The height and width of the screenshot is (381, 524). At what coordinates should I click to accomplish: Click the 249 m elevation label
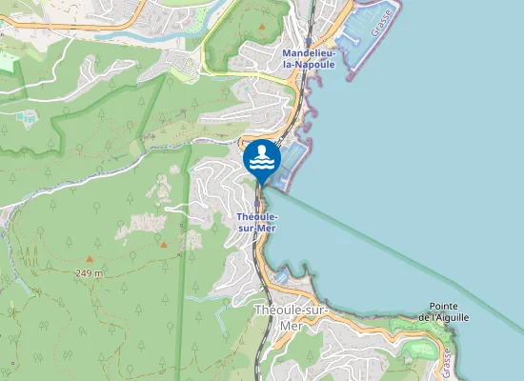[89, 272]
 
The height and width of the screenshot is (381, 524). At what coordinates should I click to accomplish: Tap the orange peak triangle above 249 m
[89, 258]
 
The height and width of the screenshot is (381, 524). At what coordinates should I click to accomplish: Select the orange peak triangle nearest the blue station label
[164, 244]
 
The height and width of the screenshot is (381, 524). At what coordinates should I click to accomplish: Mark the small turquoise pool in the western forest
[25, 118]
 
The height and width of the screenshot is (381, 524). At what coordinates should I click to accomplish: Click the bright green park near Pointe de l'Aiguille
[416, 351]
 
